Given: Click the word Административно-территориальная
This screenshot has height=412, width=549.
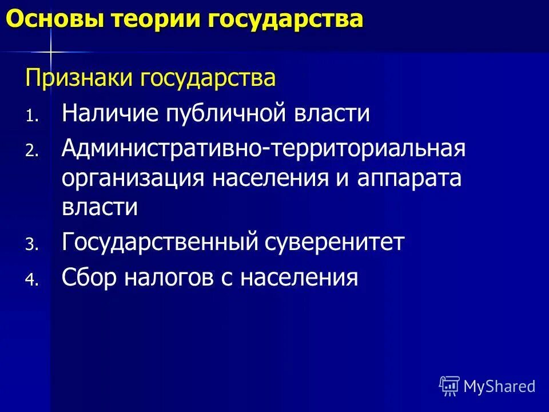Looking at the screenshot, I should click(x=264, y=149).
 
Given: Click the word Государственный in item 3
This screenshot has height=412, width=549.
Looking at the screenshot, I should click(x=158, y=243).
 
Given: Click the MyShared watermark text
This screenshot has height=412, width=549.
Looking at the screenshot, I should click(x=499, y=386).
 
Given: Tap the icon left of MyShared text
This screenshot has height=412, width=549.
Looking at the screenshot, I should click(x=449, y=386).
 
